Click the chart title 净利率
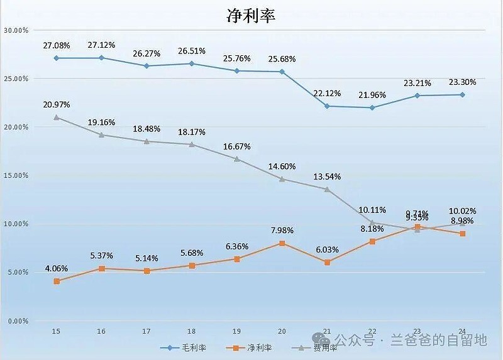pyautogui.click(x=251, y=16)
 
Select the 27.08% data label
pyautogui.click(x=57, y=46)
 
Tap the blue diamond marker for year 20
pyautogui.click(x=282, y=72)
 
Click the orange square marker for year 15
pyautogui.click(x=57, y=281)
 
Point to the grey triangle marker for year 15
pyautogui.click(x=57, y=117)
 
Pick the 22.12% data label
pyautogui.click(x=327, y=94)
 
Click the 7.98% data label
pyautogui.click(x=282, y=231)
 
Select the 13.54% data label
pyautogui.click(x=327, y=177)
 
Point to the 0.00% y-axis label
pyautogui.click(x=17, y=321)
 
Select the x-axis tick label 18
pyautogui.click(x=192, y=331)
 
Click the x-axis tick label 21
pyautogui.click(x=327, y=331)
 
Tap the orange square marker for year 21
pyautogui.click(x=327, y=262)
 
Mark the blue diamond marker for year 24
pyautogui.click(x=462, y=95)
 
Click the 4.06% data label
pyautogui.click(x=57, y=269)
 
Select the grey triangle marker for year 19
pyautogui.click(x=237, y=159)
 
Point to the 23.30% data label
pyautogui.click(x=462, y=82)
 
